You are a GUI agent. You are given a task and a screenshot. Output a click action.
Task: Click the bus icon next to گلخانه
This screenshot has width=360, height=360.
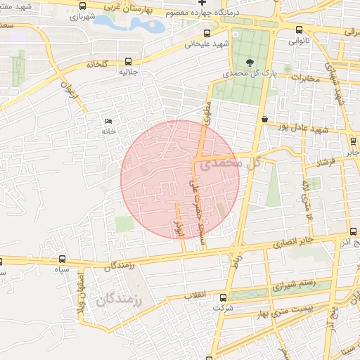127,61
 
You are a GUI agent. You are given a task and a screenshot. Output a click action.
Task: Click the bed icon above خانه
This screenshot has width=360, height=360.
108,120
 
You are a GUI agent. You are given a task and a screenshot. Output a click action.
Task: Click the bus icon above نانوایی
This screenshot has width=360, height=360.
300,30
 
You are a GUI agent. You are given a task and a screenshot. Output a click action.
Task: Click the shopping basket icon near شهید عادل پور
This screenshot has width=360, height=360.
264,120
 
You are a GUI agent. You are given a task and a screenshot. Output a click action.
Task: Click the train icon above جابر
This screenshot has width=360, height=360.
352,141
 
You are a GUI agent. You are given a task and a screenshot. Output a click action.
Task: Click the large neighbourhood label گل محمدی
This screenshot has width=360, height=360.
230,165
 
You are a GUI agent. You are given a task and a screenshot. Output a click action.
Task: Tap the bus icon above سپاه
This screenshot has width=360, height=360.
63,259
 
